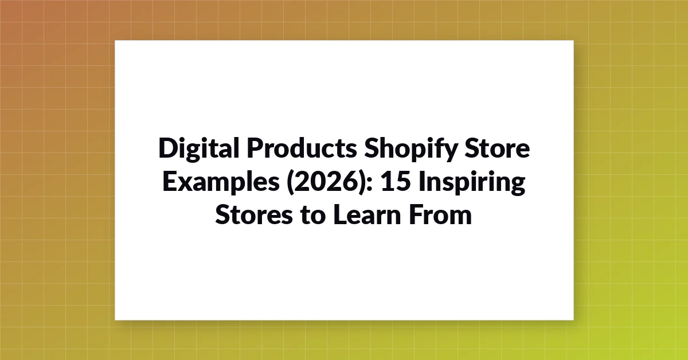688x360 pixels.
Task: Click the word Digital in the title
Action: click(x=199, y=148)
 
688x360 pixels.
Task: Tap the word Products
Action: click(x=302, y=148)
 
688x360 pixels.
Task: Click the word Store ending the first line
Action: click(x=497, y=148)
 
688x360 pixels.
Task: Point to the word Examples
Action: click(x=221, y=182)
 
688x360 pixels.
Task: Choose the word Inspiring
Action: click(x=472, y=182)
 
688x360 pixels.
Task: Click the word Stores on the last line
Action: click(x=254, y=215)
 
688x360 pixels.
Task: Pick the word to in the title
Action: click(x=313, y=216)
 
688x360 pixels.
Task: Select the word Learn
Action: click(x=367, y=215)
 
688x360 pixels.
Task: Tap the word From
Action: click(x=440, y=215)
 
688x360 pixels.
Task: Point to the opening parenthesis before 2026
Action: click(x=289, y=182)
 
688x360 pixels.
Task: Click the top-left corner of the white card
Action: click(x=115, y=40)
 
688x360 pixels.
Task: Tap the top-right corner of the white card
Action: click(x=573, y=40)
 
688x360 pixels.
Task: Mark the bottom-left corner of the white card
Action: click(x=115, y=320)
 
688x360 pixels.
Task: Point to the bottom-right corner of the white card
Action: click(x=573, y=320)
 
